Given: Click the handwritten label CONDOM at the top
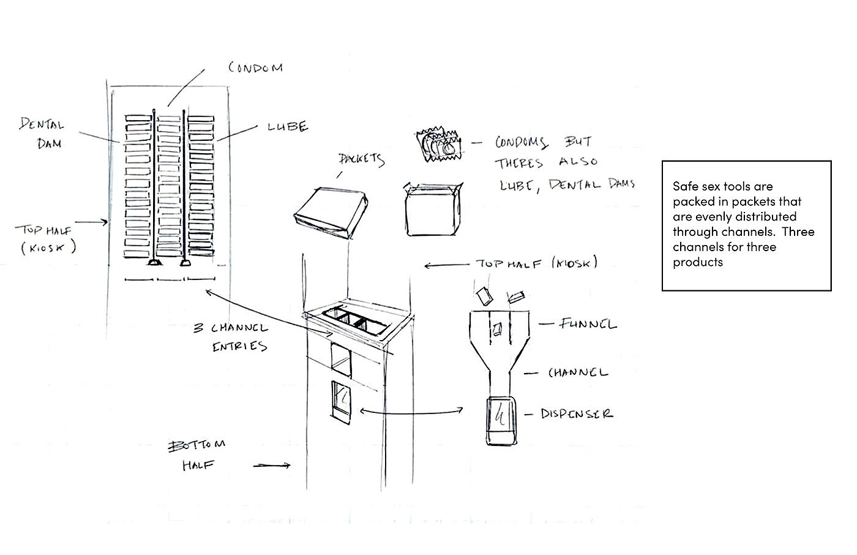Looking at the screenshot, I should (256, 67).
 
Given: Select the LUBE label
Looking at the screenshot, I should (288, 127).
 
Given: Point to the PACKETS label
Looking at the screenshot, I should (361, 159).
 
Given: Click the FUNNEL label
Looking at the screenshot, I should (588, 323).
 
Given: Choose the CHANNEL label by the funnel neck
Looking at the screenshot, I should (578, 372).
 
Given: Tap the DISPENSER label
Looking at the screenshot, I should (576, 413).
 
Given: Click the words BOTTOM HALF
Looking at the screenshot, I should (197, 454).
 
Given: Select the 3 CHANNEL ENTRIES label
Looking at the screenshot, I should (231, 337).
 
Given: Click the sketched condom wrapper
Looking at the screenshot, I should (437, 144).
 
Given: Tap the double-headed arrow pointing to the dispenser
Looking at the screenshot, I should (411, 412).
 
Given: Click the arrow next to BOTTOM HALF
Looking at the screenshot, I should (271, 466).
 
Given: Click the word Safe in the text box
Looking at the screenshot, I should (685, 186).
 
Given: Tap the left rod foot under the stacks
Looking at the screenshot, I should (152, 263).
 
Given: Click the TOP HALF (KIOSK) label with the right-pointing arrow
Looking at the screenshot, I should (44, 238).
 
